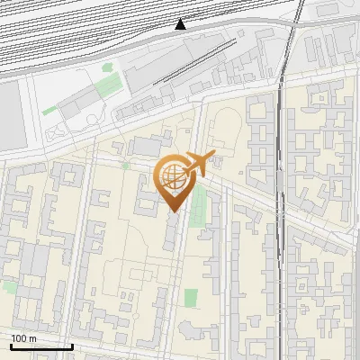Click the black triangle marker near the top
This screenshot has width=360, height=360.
181,24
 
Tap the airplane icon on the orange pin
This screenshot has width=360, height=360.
196,166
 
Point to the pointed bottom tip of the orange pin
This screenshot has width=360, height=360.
174,211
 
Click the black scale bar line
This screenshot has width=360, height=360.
41,346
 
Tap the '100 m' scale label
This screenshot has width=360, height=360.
24,337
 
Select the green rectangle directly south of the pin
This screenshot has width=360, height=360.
190,298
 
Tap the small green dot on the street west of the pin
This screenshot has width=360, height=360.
126,166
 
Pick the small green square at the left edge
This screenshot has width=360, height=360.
8,286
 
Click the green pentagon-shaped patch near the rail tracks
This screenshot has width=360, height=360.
107,86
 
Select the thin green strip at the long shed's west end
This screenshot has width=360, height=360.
49,111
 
